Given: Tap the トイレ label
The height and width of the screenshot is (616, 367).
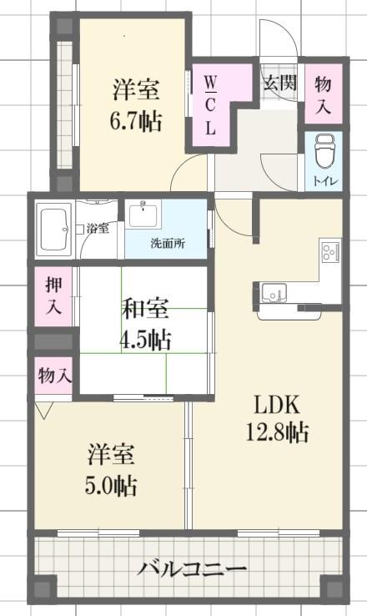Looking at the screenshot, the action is point(324,181).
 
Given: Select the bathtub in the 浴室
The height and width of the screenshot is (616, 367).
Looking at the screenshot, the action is point(53,230).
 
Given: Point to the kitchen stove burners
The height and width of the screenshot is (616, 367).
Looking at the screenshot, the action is point(329,252).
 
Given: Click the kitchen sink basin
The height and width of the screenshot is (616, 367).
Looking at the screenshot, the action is point(274,292).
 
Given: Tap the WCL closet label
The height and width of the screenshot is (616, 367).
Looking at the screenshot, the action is point(210,105).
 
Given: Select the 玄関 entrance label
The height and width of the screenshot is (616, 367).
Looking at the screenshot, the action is point(279,83).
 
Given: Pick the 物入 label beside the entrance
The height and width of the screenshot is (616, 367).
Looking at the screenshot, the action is point(323,95).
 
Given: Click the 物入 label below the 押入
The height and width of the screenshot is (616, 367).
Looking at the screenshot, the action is point(55,376).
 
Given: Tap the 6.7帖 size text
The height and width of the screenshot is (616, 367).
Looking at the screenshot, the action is point(136,121).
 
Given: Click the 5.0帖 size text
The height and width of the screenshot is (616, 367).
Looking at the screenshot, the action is point(111,486).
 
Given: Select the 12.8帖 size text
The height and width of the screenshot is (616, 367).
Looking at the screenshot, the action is point(277,432).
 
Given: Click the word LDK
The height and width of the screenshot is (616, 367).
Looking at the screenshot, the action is point(277,404).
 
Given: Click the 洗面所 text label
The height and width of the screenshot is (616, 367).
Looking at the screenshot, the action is point(168,243).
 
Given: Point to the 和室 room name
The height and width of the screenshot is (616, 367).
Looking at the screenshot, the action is point(146,308).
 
